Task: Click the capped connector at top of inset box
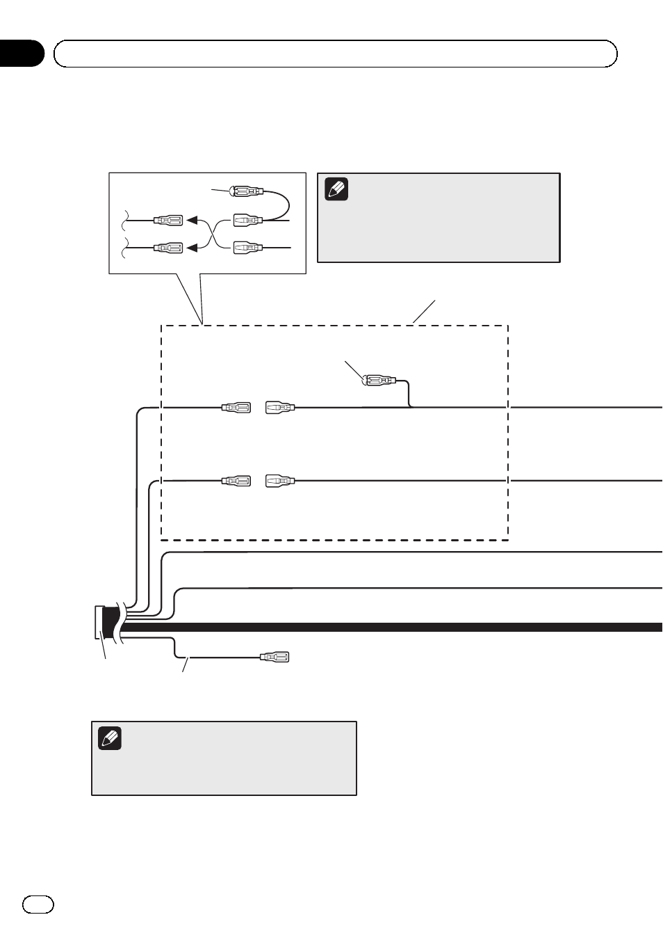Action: [x=246, y=191]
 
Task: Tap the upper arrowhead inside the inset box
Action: [x=193, y=221]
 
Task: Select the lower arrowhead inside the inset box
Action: [x=193, y=247]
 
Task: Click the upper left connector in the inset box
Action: [x=167, y=221]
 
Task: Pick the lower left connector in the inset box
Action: [x=167, y=247]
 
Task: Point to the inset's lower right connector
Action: [x=247, y=247]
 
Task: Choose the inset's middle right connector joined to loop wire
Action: [x=247, y=221]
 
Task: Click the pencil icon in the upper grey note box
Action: [x=336, y=189]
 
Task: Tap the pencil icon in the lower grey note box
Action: [x=110, y=738]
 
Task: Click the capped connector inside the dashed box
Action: [x=379, y=381]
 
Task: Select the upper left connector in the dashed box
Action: [x=236, y=407]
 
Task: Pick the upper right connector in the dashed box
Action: [x=280, y=407]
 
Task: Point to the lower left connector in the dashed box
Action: [x=236, y=481]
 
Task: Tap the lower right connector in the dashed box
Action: [x=280, y=481]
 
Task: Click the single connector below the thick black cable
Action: [x=274, y=657]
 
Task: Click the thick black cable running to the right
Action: [x=417, y=627]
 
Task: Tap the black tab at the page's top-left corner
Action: [x=21, y=54]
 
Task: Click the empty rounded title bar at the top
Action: [x=336, y=54]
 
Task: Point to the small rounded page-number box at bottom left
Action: [x=38, y=904]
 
